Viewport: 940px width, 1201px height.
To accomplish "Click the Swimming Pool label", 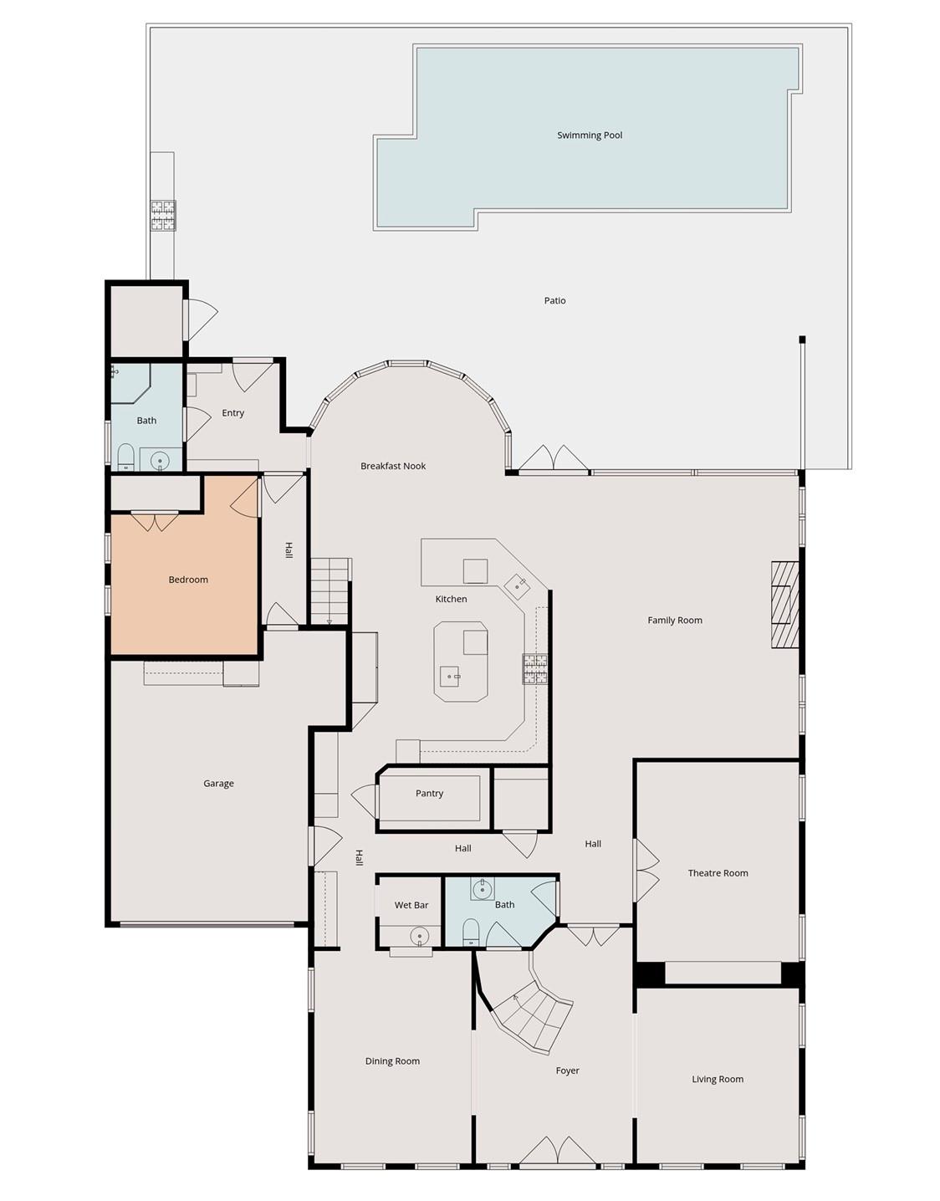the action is click(x=589, y=135).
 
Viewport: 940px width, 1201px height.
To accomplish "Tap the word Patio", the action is click(x=554, y=300).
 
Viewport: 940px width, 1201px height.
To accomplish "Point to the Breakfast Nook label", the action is click(x=393, y=466).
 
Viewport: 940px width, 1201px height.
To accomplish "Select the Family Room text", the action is click(x=675, y=620).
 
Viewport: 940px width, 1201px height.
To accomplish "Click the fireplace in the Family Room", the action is click(x=785, y=605).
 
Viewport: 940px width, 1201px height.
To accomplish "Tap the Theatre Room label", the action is click(x=718, y=872).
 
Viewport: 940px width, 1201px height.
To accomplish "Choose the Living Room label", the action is click(x=718, y=1079).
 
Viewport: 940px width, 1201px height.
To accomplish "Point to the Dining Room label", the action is click(x=392, y=1060).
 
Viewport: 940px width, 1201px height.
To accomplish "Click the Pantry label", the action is click(x=429, y=793).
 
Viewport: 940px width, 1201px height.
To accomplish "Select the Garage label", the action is click(x=218, y=783).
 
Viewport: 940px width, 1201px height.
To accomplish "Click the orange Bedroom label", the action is click(x=188, y=580).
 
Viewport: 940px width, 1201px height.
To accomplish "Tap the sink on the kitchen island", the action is click(x=449, y=676).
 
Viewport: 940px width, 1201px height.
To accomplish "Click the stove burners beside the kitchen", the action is click(x=535, y=669).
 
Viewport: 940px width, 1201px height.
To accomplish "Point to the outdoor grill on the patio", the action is click(x=164, y=216).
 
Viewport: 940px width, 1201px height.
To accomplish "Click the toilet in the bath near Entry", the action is click(x=125, y=457).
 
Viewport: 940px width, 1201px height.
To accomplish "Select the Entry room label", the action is click(x=232, y=413).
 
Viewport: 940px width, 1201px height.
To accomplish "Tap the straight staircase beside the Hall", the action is click(x=330, y=591).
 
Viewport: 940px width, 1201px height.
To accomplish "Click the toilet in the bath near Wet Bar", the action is click(x=471, y=933).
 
